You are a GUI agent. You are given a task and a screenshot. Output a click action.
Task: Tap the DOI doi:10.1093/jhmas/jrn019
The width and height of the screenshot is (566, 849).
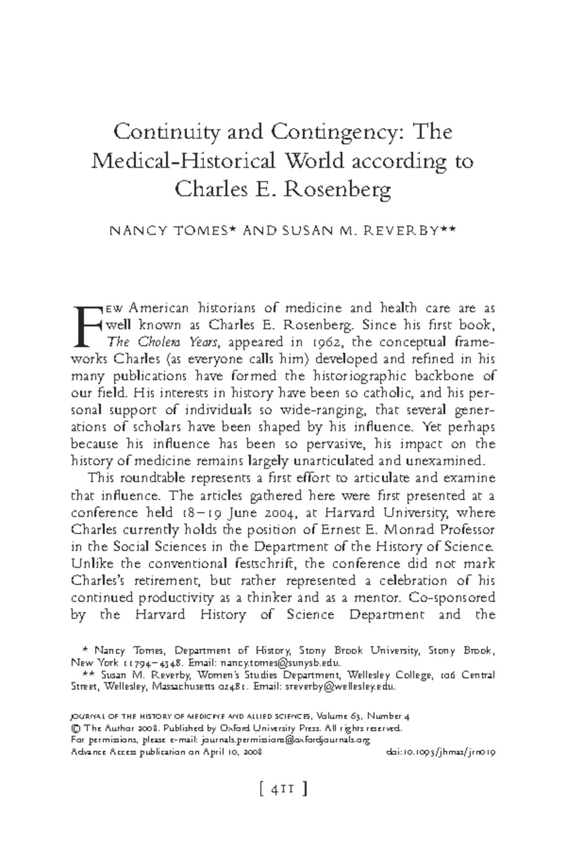(x=440, y=753)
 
